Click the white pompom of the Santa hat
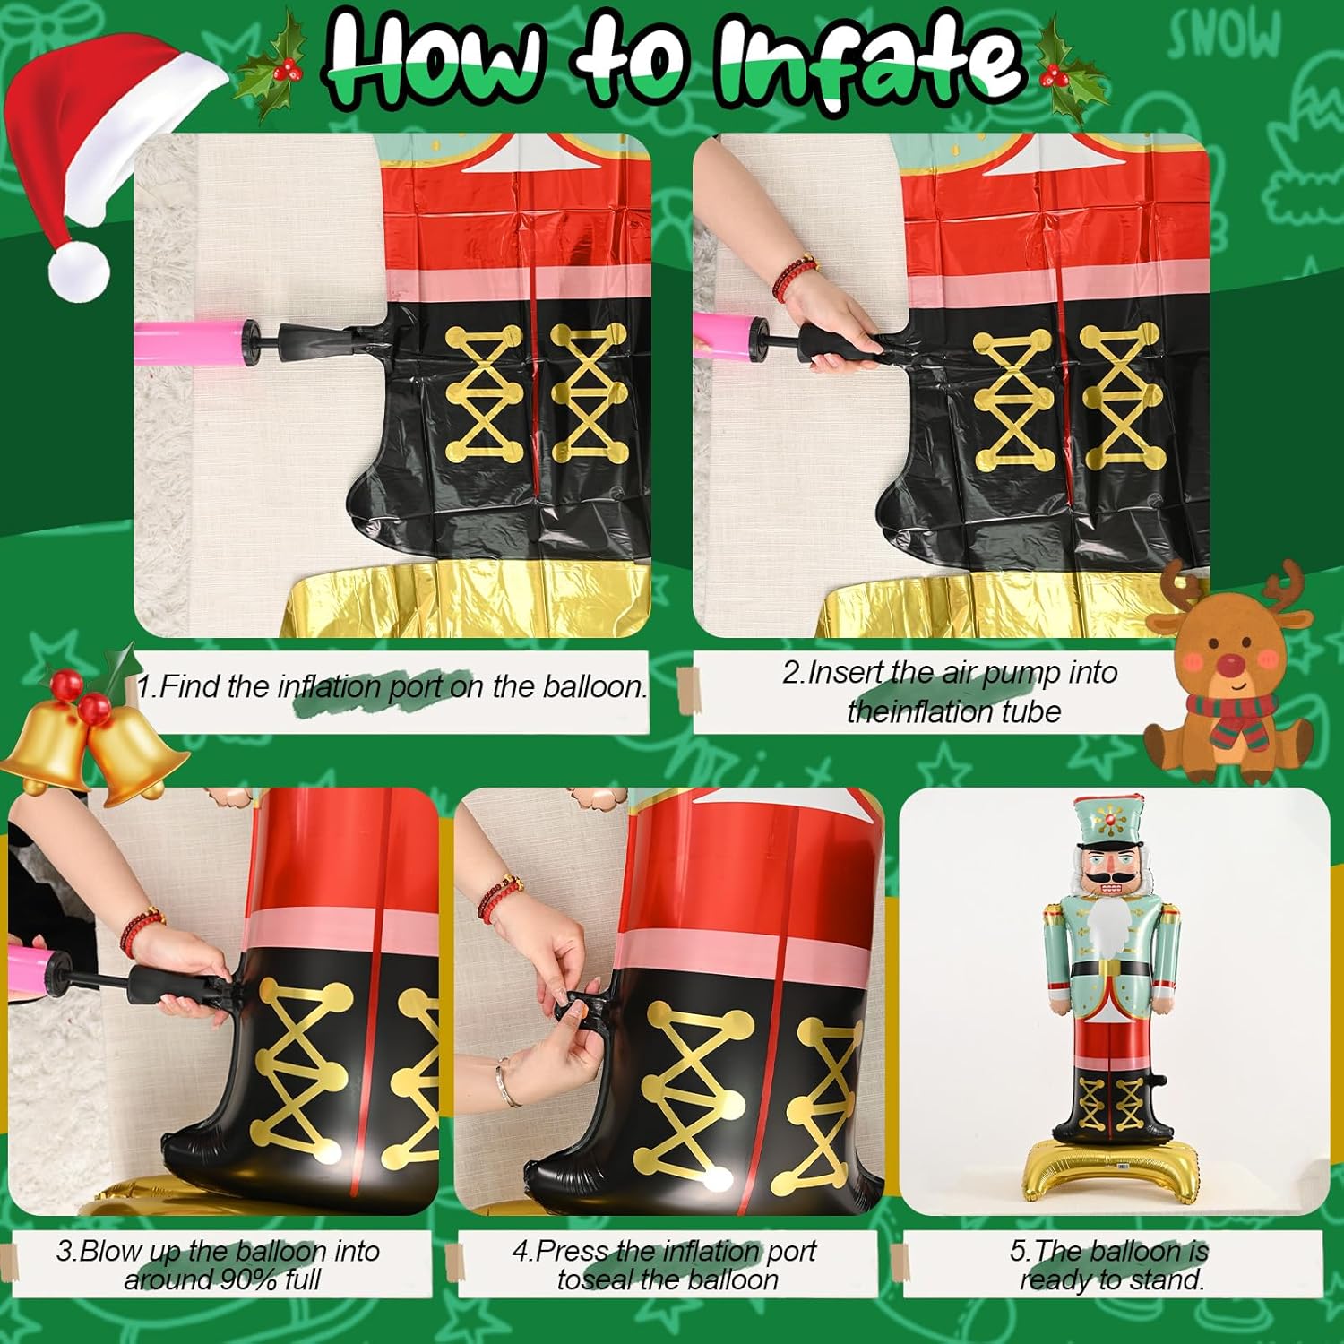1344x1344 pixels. tap(78, 268)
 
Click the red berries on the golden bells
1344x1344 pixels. tap(79, 698)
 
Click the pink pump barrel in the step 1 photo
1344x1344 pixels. tap(183, 341)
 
